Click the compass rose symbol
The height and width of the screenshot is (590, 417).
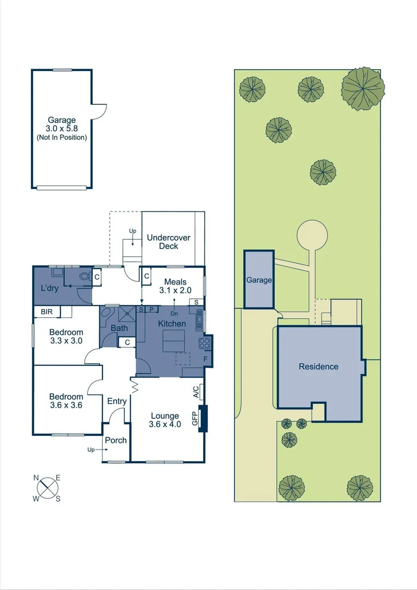(x=48, y=487)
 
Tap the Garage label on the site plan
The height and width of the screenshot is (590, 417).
(x=259, y=280)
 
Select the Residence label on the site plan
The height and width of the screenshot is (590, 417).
(x=318, y=367)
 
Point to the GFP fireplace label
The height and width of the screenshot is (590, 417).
(x=194, y=418)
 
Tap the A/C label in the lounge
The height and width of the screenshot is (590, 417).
(x=195, y=392)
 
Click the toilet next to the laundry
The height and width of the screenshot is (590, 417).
(x=84, y=276)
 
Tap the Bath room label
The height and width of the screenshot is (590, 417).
(x=119, y=328)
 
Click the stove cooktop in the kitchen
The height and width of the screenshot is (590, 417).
(x=205, y=344)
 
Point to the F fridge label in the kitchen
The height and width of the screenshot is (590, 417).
(x=205, y=359)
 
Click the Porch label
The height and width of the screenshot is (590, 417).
(x=116, y=440)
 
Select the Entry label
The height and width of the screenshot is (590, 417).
(x=117, y=401)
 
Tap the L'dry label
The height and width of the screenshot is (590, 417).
(x=50, y=288)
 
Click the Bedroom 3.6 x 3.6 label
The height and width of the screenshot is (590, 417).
(x=66, y=401)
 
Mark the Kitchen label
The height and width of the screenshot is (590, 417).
(x=172, y=324)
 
